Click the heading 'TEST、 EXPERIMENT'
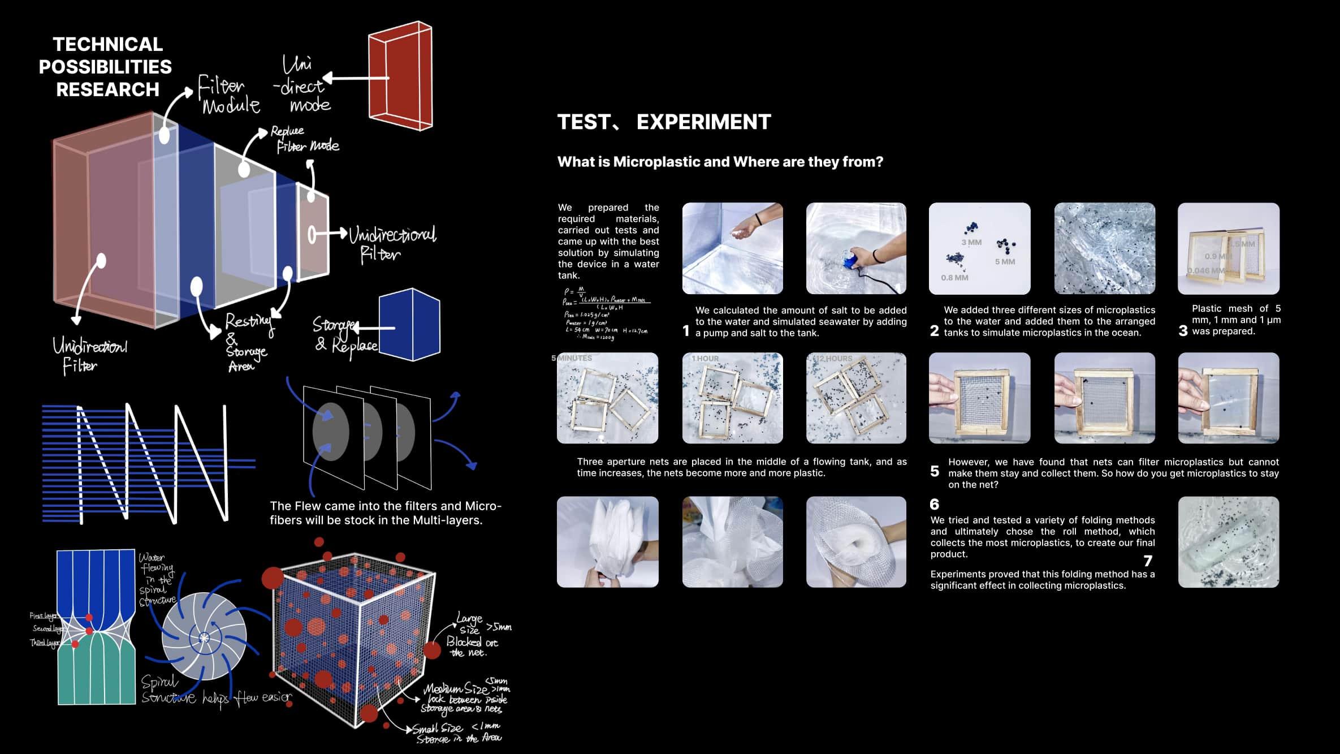[664, 122]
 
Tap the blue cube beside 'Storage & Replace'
[409, 325]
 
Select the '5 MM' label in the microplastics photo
[1005, 262]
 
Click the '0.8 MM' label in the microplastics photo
[954, 278]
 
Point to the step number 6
[934, 504]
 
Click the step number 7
[1148, 561]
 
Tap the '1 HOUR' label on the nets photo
[705, 359]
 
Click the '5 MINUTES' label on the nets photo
[572, 358]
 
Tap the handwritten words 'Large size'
[470, 623]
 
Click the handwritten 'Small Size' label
[437, 729]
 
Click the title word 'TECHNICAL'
[107, 44]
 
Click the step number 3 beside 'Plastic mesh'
[1183, 331]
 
